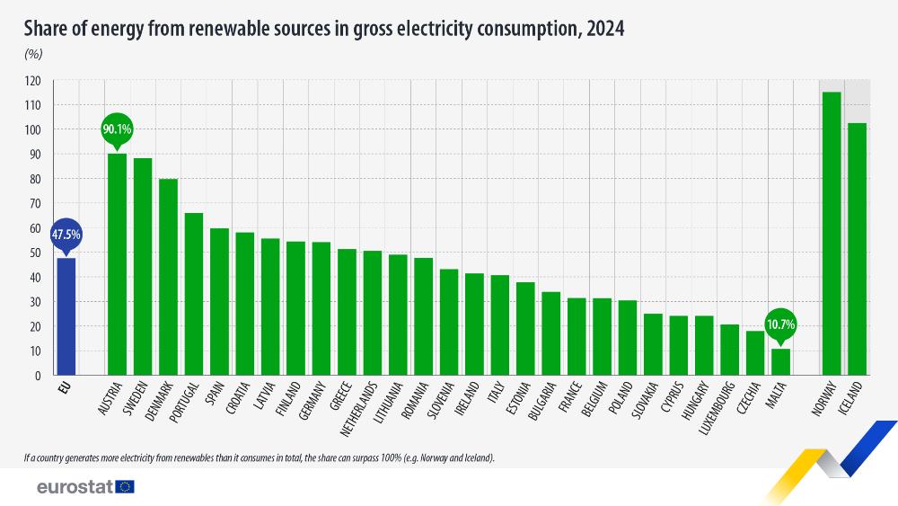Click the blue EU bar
pos(66,316)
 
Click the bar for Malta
pos(781,361)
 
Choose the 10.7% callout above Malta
pos(780,324)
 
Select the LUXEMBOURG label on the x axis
pos(719,410)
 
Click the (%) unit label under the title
pos(34,54)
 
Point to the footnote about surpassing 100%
pos(260,457)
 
